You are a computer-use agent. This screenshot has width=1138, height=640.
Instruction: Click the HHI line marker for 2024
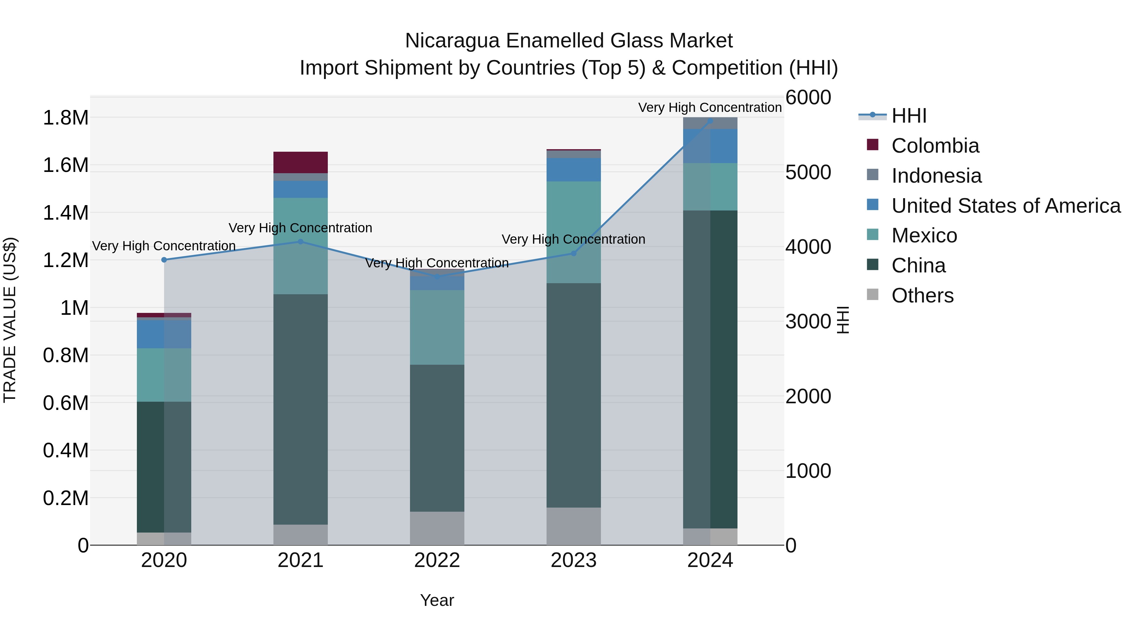(x=710, y=121)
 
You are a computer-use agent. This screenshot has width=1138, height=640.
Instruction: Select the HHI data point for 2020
(x=164, y=260)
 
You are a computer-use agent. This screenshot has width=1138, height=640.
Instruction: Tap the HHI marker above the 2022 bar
(x=437, y=277)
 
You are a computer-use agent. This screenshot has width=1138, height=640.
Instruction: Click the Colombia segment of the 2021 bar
(x=300, y=162)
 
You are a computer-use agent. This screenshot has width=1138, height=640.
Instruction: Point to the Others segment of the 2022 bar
(x=437, y=528)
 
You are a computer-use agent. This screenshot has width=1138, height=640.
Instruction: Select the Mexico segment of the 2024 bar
(x=710, y=187)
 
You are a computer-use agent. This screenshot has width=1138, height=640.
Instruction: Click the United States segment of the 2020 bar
(x=164, y=334)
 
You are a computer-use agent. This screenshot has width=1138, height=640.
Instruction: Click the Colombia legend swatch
(x=872, y=144)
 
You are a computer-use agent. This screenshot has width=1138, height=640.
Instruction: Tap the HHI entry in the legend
(x=909, y=116)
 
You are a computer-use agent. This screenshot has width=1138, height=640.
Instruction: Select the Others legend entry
(x=922, y=296)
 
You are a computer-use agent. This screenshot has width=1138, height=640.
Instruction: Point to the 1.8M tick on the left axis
(x=65, y=118)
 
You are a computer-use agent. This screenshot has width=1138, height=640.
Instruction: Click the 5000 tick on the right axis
(x=808, y=172)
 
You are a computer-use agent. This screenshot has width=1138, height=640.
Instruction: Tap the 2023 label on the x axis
(x=573, y=560)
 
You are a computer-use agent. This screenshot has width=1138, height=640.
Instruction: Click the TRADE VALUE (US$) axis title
(x=10, y=320)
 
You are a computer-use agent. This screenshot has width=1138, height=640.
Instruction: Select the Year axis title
(x=437, y=600)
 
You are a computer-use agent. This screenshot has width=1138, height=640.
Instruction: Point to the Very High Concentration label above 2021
(x=300, y=228)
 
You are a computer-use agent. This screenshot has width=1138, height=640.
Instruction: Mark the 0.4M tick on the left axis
(x=65, y=450)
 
